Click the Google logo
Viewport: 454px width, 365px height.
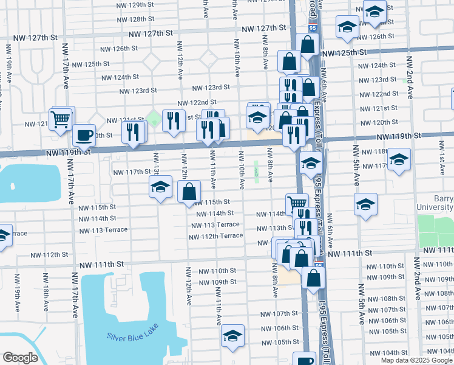pyautogui.click(x=20, y=358)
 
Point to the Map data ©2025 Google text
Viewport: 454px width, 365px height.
pyautogui.click(x=416, y=360)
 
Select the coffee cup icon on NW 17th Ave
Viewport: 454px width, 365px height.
pyautogui.click(x=84, y=134)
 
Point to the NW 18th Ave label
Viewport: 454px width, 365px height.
pyautogui.click(x=46, y=293)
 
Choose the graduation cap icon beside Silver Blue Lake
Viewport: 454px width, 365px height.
pyautogui.click(x=232, y=336)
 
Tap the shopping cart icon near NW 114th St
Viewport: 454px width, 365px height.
pyautogui.click(x=296, y=204)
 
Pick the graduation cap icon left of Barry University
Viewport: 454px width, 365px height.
pyautogui.click(x=365, y=204)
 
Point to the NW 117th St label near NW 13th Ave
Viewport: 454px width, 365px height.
pyautogui.click(x=129, y=172)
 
